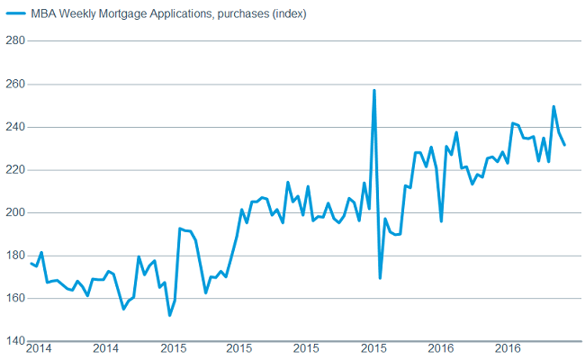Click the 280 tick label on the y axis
click(13, 41)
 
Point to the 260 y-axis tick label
click(13, 85)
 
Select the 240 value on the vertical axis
click(13, 127)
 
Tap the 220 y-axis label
click(13, 170)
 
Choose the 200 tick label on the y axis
click(13, 213)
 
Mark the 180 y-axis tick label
click(13, 256)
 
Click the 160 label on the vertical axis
click(13, 299)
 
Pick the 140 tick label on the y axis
click(13, 341)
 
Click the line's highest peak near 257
click(373, 90)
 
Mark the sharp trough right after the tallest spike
click(380, 278)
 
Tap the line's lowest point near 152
click(169, 315)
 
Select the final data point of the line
click(564, 145)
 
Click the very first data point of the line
click(31, 263)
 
